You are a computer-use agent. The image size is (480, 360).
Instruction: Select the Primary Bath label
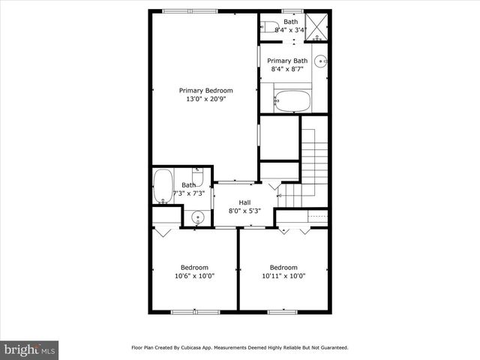point(287,61)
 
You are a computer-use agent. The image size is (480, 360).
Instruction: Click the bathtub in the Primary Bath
point(292,100)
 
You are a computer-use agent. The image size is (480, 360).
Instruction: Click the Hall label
point(244,202)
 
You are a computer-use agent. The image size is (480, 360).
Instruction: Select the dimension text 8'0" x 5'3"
point(244,211)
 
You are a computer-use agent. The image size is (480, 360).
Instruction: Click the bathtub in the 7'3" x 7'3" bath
point(163,187)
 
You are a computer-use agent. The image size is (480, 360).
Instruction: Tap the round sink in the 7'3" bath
point(197,218)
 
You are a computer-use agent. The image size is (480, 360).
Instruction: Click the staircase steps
point(315,161)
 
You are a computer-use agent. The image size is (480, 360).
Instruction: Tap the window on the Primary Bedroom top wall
point(190,11)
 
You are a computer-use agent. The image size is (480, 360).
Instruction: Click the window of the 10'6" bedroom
point(194,311)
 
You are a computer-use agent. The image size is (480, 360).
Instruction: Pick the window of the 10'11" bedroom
point(283,311)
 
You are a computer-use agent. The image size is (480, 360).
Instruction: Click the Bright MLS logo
point(30,349)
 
